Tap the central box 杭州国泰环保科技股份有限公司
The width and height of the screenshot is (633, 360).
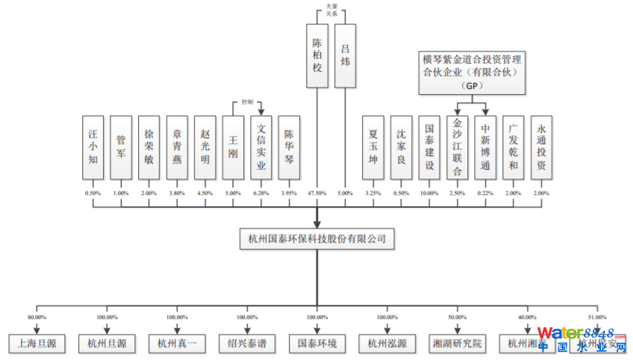[x=317, y=239]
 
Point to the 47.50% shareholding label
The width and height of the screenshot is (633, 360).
[x=317, y=193]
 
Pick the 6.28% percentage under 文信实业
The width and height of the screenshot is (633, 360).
[x=261, y=193]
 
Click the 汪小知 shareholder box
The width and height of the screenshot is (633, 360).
[x=93, y=147]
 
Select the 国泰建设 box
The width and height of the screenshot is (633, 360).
[x=429, y=147]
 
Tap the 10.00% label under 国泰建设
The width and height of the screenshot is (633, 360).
[x=429, y=193]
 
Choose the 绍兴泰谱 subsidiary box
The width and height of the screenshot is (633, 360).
[x=247, y=344]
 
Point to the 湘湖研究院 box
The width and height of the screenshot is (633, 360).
[x=458, y=344]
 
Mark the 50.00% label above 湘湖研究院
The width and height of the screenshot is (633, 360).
[x=458, y=317]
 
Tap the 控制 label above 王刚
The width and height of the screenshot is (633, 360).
[x=248, y=102]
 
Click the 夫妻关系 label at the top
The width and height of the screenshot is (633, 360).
[x=331, y=10]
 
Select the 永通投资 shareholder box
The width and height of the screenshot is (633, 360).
[x=542, y=147]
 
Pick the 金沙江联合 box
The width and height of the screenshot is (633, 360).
[x=458, y=147]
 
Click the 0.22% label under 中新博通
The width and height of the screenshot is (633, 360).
[x=485, y=193]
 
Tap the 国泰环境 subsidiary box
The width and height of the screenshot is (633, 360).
[x=317, y=344]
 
